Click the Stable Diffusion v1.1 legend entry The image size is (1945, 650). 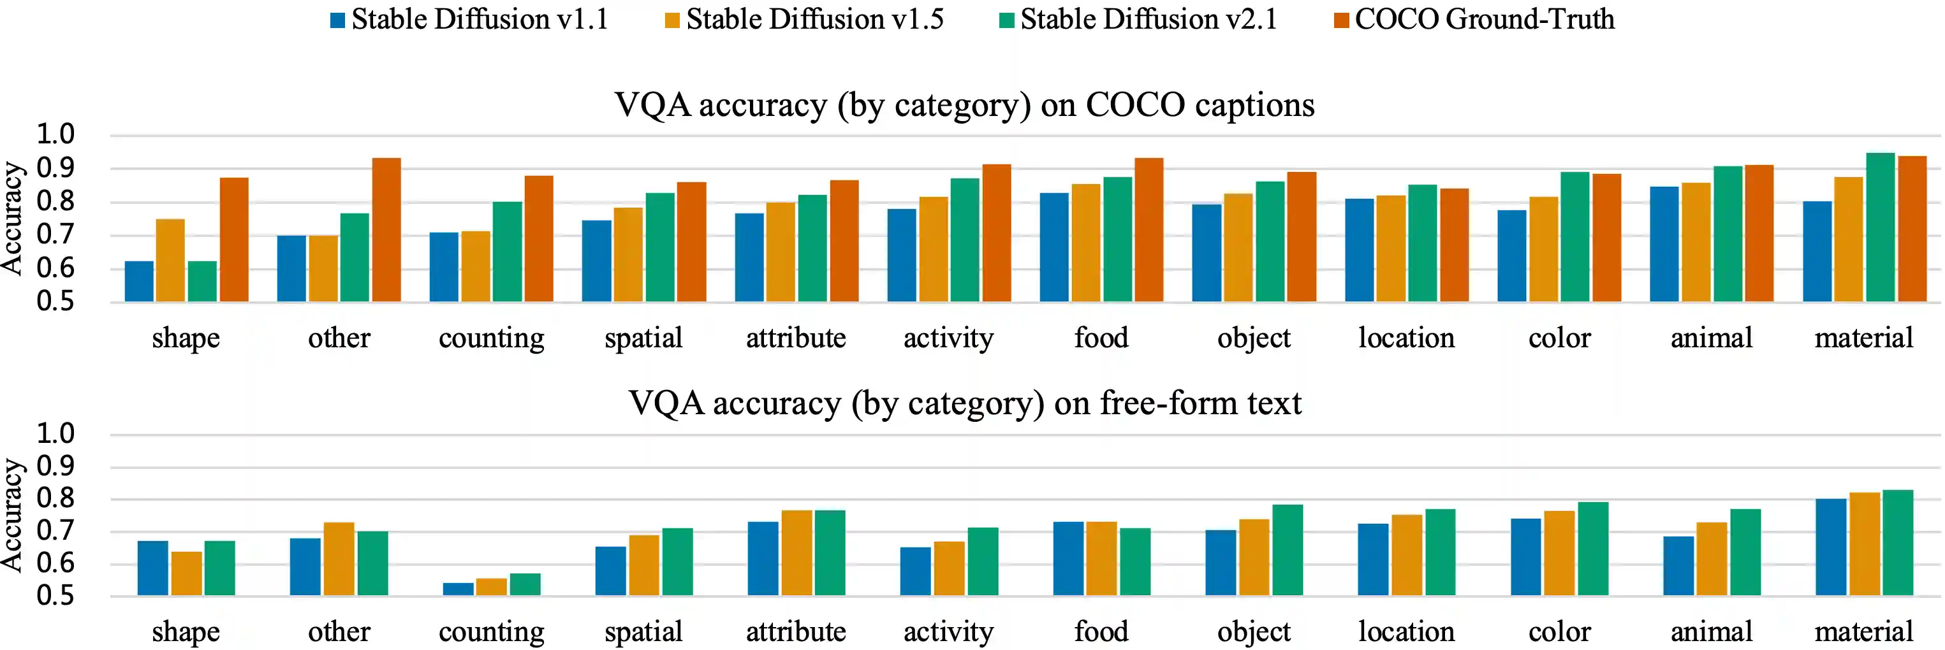[x=469, y=19]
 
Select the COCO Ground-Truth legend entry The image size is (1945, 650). [x=1474, y=19]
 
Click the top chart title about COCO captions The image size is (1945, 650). [x=964, y=105]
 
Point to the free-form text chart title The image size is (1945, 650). [x=964, y=403]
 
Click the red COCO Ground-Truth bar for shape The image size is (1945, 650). [x=234, y=240]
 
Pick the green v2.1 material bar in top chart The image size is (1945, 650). [x=1880, y=227]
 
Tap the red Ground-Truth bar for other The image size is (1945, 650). [x=386, y=229]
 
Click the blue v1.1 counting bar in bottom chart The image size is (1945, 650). [x=459, y=589]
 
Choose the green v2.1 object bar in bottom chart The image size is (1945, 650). [x=1288, y=549]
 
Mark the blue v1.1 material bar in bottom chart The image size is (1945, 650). [x=1830, y=547]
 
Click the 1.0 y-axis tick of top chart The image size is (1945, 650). [x=56, y=134]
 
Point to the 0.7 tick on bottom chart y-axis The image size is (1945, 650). [x=56, y=531]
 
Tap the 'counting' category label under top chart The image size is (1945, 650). [x=492, y=338]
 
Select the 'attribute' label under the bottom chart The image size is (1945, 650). [x=796, y=631]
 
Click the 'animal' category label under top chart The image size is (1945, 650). [x=1712, y=338]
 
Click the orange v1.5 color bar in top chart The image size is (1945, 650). [x=1543, y=249]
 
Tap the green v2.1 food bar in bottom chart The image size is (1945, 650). [x=1135, y=561]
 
